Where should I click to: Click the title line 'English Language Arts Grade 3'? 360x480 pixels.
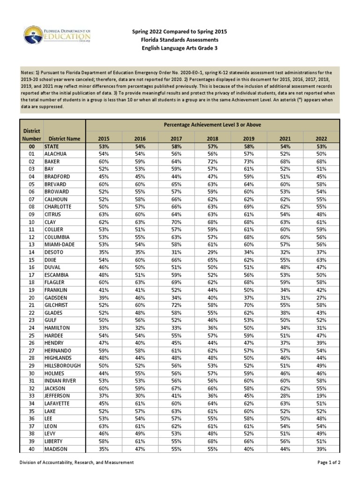(180, 48)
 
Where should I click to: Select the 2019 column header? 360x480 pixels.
(248, 139)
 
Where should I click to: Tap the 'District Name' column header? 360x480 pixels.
(64, 139)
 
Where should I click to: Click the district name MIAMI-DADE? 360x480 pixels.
(60, 245)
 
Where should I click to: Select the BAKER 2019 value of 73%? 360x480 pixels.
(248, 161)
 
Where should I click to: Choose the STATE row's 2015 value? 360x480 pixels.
(104, 146)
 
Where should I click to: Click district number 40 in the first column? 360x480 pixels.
(32, 449)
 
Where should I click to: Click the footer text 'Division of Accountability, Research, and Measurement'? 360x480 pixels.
(76, 463)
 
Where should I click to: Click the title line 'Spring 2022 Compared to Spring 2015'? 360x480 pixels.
(180, 31)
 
